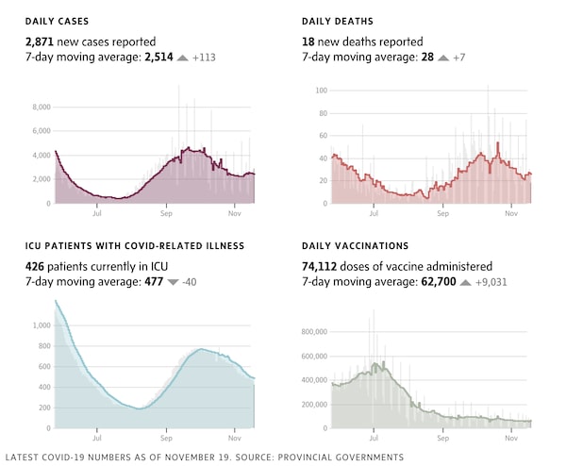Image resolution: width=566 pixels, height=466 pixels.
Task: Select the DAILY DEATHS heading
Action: coord(338,21)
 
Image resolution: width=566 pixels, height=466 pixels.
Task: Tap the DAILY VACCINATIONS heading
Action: coord(355,245)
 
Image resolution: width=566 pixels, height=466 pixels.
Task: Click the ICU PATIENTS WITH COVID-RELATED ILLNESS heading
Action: coord(135,245)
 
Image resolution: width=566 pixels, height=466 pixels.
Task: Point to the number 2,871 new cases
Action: coord(42,42)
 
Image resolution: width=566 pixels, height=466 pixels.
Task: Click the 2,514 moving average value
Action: coord(160,58)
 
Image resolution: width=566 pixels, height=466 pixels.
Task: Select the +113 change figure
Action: coord(205,58)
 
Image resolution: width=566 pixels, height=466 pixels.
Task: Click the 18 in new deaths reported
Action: coord(308,42)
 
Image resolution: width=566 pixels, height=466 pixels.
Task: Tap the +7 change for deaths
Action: coord(458,58)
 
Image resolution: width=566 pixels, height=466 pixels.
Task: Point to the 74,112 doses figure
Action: coord(322,266)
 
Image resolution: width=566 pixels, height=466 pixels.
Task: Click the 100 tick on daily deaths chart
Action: coord(321,91)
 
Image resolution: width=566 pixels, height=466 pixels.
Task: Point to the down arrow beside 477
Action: coord(172,282)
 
